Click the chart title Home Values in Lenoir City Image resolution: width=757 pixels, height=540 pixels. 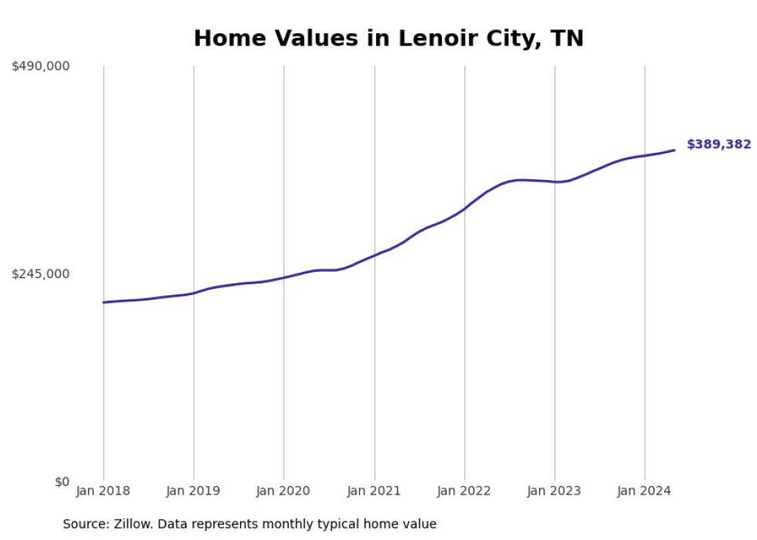(x=389, y=38)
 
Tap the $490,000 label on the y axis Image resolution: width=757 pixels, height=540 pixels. (x=40, y=66)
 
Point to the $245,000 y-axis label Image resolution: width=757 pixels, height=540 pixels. (x=40, y=273)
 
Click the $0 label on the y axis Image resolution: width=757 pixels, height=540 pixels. (x=62, y=481)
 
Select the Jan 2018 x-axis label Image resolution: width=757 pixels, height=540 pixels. (x=103, y=491)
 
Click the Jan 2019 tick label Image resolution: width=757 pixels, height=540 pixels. (x=193, y=491)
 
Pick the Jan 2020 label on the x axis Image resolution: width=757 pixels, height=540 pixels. (x=283, y=491)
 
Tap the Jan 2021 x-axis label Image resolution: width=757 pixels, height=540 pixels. (x=375, y=491)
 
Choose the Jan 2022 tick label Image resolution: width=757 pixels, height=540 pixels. (x=464, y=491)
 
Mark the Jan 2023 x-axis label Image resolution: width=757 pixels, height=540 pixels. (x=555, y=491)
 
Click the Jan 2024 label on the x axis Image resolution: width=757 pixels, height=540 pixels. (x=645, y=491)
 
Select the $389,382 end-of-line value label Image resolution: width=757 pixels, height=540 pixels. (x=718, y=144)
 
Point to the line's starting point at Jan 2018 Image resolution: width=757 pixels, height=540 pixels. (x=104, y=302)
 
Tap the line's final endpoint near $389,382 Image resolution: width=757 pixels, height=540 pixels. (x=674, y=150)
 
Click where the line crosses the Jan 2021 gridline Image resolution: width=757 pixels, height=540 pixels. (x=375, y=255)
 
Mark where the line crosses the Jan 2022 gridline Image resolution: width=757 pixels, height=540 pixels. (x=465, y=208)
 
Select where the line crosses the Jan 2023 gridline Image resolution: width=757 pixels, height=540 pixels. (x=555, y=182)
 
